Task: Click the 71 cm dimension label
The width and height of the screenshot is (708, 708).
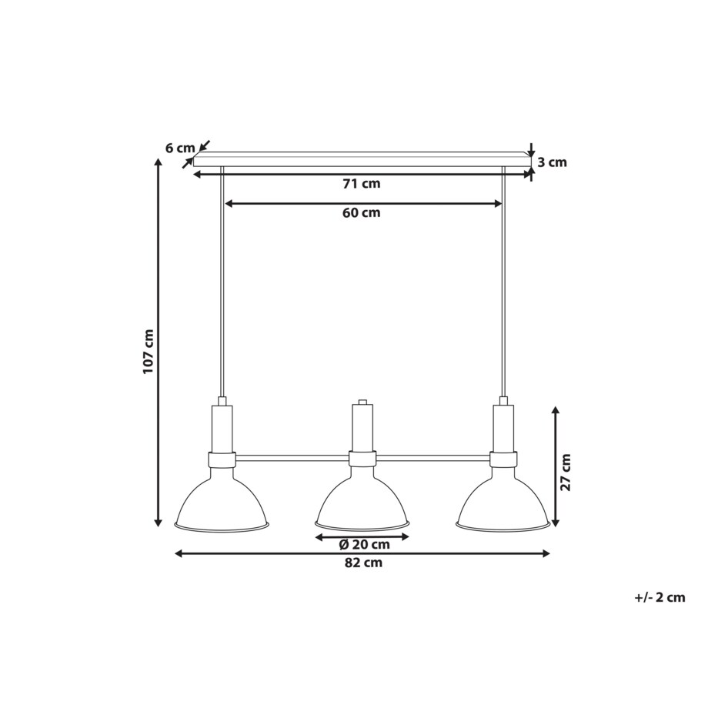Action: [x=362, y=184]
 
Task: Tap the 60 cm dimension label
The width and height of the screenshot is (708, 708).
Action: [x=362, y=213]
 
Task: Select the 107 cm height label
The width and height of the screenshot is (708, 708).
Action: [x=149, y=352]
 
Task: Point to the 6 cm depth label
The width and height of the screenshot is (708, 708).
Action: [x=180, y=148]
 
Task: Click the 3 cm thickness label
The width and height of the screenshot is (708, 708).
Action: [x=552, y=162]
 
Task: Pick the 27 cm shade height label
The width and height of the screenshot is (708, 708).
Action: [x=566, y=473]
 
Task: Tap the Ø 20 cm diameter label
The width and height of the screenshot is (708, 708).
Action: [x=364, y=545]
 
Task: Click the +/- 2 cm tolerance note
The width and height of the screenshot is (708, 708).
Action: [x=660, y=596]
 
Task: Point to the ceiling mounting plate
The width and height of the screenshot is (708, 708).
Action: [x=362, y=159]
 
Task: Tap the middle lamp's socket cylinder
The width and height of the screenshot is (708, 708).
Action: [x=362, y=428]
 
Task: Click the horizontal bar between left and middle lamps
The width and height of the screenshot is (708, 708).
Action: [x=292, y=458]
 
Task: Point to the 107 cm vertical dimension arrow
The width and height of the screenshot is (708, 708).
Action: [x=159, y=346]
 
